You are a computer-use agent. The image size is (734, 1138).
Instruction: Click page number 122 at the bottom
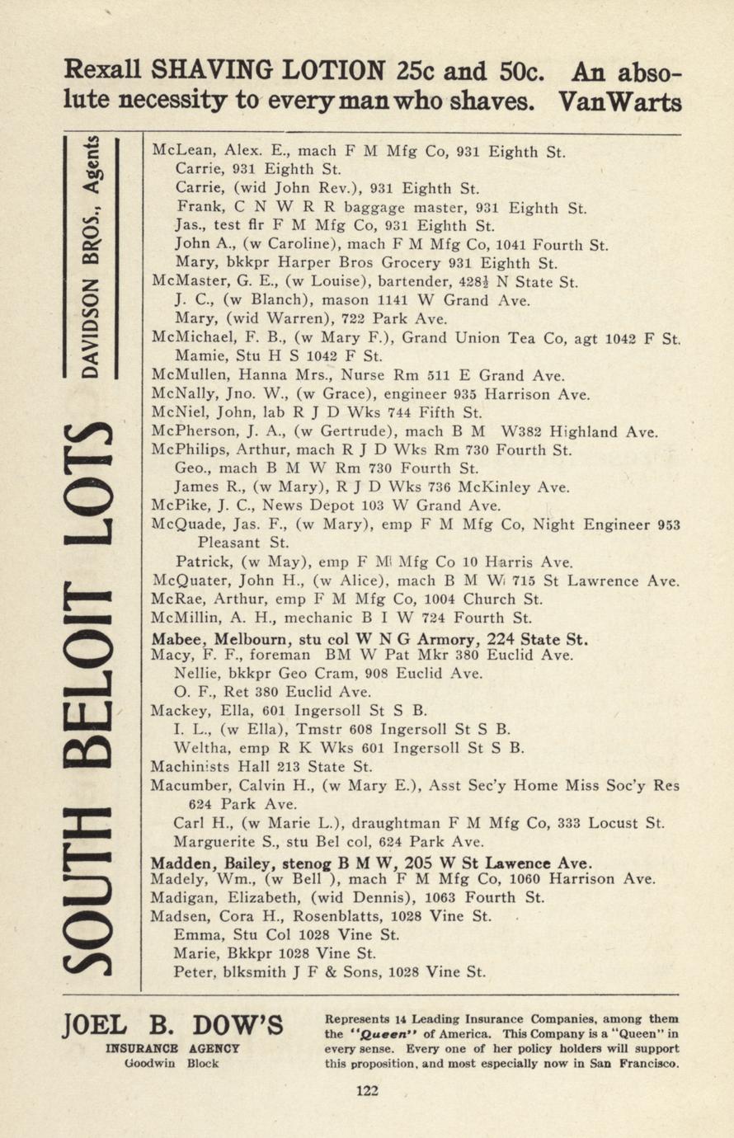click(367, 1091)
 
